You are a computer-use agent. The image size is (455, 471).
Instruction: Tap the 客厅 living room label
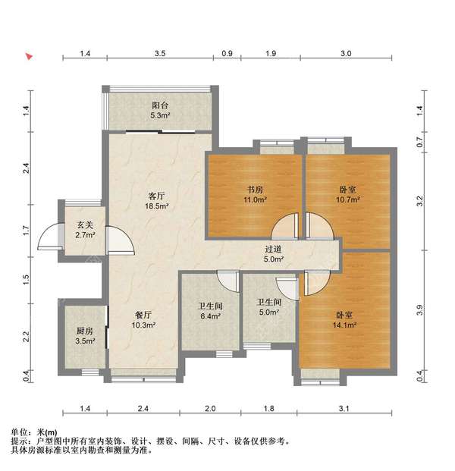click(156, 196)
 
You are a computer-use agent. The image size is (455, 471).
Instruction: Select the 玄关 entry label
click(85, 225)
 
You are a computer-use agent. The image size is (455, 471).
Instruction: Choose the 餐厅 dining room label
click(144, 315)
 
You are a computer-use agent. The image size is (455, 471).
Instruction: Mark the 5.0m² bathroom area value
click(269, 312)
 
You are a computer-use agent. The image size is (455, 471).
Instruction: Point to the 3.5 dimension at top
click(160, 55)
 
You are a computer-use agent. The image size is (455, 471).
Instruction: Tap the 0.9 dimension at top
click(227, 55)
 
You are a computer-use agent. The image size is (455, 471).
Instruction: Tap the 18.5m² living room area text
click(156, 206)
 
